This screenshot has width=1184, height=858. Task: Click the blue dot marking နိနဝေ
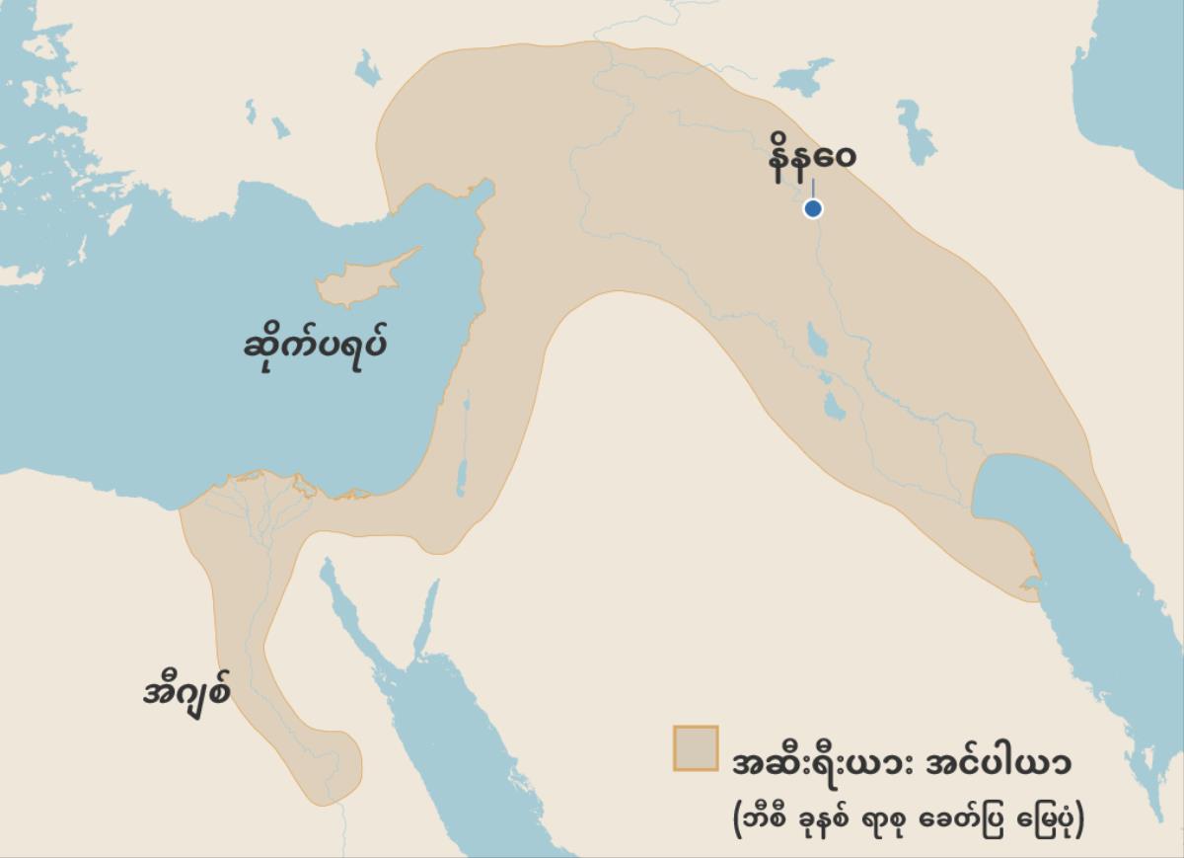[x=813, y=208]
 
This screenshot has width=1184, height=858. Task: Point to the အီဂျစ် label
[x=187, y=689]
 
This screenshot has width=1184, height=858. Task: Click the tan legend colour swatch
[x=696, y=747]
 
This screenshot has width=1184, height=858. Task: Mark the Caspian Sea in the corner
[x=1135, y=69]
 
